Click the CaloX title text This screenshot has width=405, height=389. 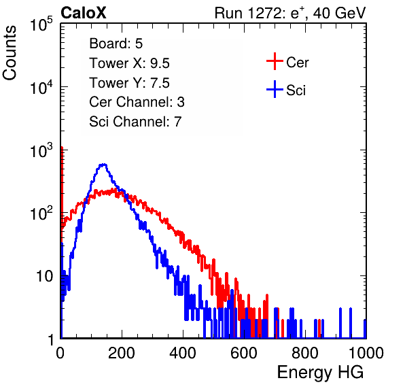[x=83, y=13]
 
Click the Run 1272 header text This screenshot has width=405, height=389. [x=290, y=13]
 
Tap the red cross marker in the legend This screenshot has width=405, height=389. [x=275, y=61]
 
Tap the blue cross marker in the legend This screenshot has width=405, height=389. [x=275, y=89]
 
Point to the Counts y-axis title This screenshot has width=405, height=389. [x=10, y=53]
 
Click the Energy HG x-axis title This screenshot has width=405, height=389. [x=320, y=372]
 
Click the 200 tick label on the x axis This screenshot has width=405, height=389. [x=122, y=353]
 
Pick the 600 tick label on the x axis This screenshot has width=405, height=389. [x=244, y=353]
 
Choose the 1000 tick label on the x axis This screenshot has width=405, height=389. [x=366, y=353]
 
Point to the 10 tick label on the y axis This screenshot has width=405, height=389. [x=44, y=276]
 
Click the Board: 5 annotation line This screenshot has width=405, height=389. [x=116, y=44]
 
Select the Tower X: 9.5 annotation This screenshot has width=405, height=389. [x=129, y=63]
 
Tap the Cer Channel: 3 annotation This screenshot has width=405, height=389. [x=137, y=102]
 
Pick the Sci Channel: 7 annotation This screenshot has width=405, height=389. [x=135, y=122]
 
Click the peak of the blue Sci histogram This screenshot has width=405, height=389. [x=103, y=165]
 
